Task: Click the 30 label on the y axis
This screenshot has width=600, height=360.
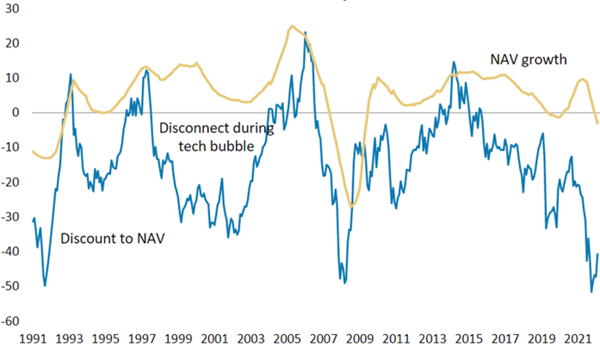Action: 13,8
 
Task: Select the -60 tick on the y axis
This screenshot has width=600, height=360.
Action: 11,321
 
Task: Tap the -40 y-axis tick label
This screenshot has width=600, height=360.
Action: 11,251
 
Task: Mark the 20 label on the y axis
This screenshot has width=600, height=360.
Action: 13,43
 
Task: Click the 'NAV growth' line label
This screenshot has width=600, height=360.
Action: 529,59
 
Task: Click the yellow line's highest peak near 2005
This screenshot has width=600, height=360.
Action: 292,26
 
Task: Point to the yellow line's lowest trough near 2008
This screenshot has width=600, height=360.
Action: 351,206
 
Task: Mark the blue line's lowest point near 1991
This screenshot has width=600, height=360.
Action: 45,285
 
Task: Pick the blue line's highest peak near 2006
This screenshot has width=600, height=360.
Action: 305,33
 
